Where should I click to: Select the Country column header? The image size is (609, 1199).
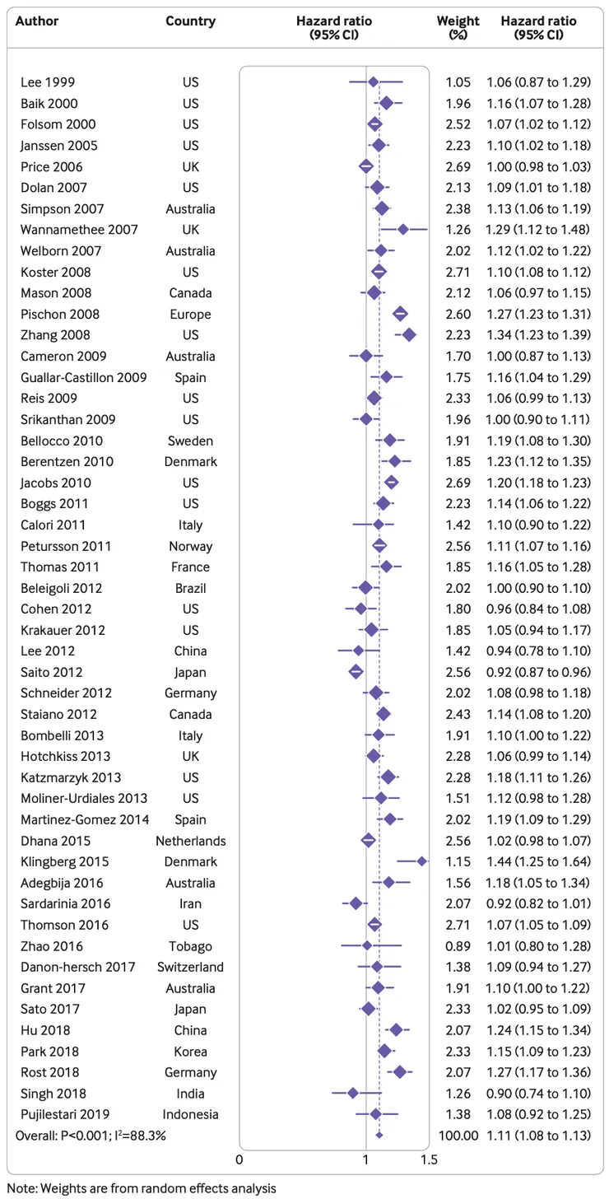191,21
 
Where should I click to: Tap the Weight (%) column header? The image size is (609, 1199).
458,27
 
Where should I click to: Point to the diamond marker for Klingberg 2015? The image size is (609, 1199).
422,861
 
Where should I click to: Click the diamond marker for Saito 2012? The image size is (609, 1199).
356,672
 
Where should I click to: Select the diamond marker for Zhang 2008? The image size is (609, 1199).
409,334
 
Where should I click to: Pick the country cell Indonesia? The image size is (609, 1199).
191,1114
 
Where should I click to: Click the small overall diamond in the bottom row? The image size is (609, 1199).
379,1136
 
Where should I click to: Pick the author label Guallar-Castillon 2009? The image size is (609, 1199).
85,377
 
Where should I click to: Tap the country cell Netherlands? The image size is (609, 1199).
191,841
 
